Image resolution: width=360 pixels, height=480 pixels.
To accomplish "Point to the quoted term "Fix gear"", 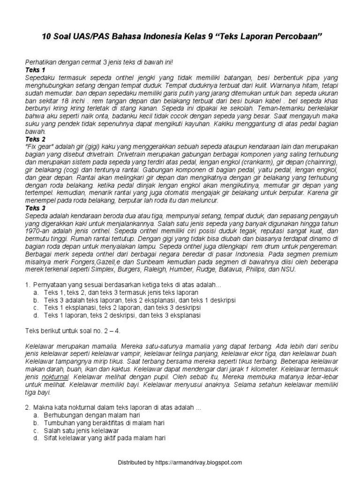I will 40,146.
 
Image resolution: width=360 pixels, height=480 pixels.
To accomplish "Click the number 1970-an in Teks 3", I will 38,231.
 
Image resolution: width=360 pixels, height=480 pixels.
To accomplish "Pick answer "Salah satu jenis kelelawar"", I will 82,430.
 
